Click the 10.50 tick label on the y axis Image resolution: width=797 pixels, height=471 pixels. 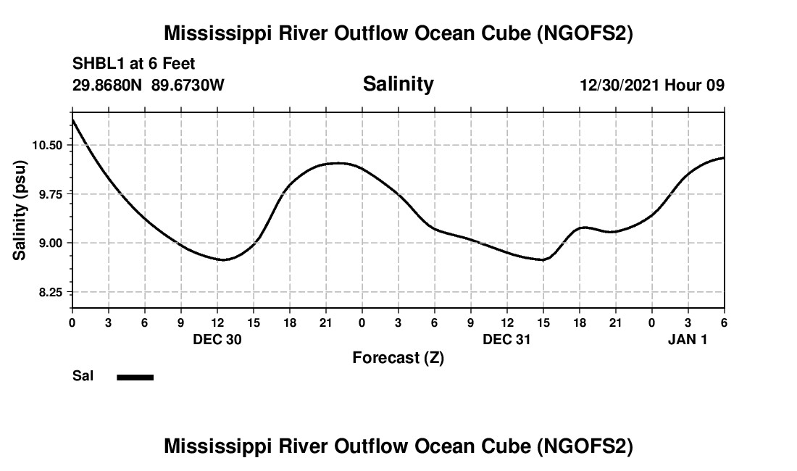tap(47, 145)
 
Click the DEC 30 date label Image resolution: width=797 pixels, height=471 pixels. tap(217, 340)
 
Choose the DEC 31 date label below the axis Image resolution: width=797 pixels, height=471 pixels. tap(507, 340)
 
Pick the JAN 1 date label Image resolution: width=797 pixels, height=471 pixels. tap(688, 340)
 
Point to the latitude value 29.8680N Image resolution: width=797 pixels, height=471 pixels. tap(107, 86)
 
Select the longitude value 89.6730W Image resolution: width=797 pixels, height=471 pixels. tap(188, 86)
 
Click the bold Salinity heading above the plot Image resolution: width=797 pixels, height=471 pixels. tap(398, 84)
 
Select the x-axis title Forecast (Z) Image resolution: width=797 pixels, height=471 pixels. tap(398, 358)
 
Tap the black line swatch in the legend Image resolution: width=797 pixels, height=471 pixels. tap(135, 377)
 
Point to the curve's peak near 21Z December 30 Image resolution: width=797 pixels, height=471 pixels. tap(338, 163)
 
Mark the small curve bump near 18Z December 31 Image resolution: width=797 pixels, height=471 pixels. tap(584, 228)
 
